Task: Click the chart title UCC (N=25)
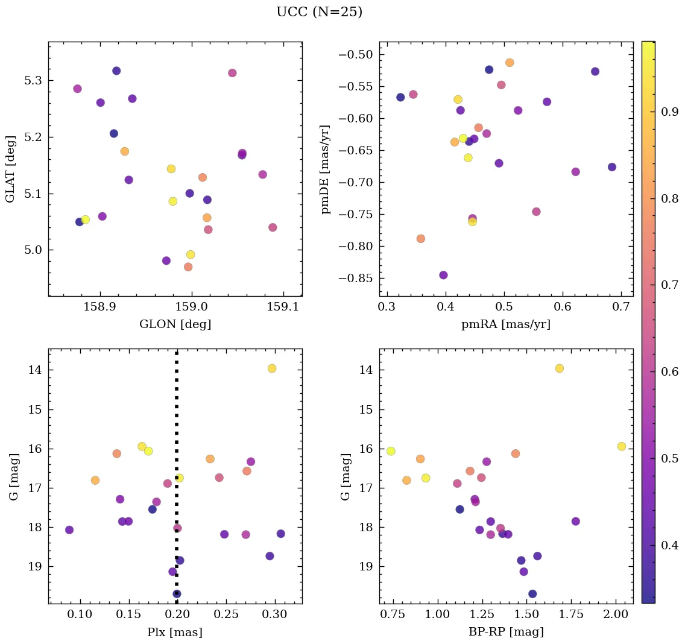pos(319,12)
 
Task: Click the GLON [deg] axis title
pos(175,324)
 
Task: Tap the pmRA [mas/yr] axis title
pos(505,324)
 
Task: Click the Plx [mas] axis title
pos(175,632)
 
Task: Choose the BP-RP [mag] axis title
pos(505,632)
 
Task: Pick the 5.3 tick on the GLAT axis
pos(33,81)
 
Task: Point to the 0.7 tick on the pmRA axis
pos(621,307)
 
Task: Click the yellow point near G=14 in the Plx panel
pos(272,368)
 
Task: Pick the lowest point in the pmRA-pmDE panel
pos(443,275)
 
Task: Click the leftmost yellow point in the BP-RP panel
pos(391,451)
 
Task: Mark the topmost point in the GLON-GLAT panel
pos(116,71)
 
